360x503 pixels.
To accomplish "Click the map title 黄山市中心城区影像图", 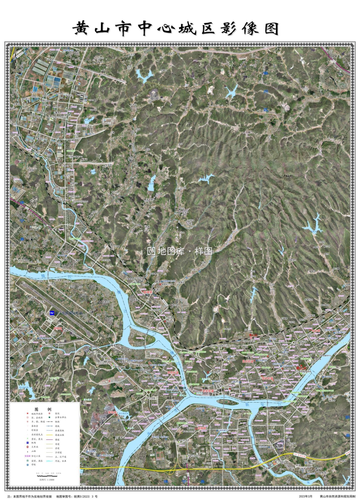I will [x=176, y=29].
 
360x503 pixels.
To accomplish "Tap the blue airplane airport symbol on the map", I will [x=52, y=313].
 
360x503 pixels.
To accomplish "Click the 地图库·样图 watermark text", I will [x=180, y=251].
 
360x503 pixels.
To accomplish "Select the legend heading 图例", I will [x=43, y=409].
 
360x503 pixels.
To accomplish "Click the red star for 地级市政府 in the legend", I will [x=27, y=413].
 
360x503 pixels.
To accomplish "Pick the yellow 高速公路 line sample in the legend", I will [x=49, y=435].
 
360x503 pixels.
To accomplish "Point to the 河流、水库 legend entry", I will [x=60, y=461].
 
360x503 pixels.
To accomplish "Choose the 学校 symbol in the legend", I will [x=27, y=465].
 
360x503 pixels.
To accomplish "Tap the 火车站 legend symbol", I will [x=27, y=447].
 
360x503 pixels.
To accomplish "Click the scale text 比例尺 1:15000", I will [x=47, y=480].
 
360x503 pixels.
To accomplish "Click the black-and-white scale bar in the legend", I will [x=47, y=476].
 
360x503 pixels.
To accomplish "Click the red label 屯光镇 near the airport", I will [x=58, y=329].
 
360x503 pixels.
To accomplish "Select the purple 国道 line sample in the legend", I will [x=49, y=440].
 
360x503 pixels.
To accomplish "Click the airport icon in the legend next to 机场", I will [x=27, y=443].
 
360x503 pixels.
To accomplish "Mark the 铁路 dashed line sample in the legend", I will [x=49, y=422].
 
